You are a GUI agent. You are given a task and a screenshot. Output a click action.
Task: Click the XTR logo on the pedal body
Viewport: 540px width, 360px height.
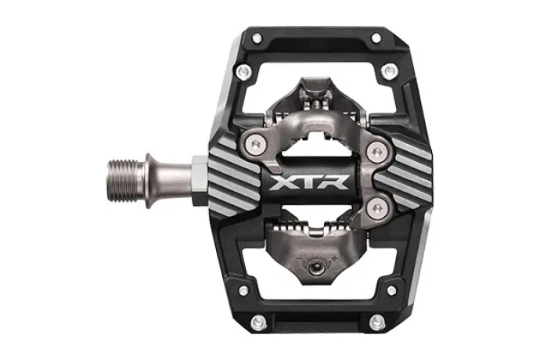coord(309,182)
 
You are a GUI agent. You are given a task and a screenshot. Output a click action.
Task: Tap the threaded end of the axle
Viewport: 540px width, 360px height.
coord(125,182)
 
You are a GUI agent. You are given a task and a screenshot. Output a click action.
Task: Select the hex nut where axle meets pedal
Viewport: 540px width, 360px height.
coord(200,182)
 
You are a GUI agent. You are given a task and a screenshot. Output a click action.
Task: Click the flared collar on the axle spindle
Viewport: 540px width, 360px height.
coord(149,181)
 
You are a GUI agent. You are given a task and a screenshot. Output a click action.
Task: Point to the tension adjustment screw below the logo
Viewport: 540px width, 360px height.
coord(316,268)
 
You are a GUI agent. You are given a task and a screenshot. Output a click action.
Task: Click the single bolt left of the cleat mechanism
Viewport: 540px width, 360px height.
coord(254,143)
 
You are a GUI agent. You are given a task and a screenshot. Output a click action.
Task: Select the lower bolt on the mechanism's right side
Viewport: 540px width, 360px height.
coord(376,208)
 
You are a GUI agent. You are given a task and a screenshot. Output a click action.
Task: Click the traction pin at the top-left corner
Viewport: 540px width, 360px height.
coord(257,38)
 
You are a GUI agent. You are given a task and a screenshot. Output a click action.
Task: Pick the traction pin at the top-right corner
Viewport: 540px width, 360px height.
coord(376,38)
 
